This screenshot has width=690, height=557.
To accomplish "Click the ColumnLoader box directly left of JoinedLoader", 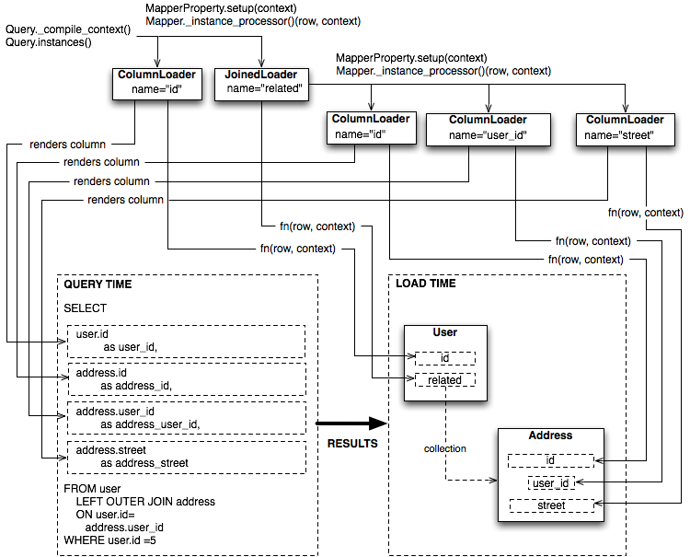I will [156, 86].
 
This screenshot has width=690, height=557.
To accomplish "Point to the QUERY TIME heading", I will [98, 284].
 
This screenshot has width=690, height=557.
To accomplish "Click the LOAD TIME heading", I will [426, 284].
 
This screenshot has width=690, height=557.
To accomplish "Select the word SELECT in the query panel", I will [86, 308].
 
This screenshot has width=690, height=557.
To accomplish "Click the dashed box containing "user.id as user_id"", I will [185, 341].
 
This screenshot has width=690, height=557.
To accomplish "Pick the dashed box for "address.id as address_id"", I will [185, 378].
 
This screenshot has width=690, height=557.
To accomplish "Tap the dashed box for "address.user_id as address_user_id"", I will [185, 417].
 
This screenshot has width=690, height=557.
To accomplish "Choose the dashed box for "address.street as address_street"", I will [185, 457].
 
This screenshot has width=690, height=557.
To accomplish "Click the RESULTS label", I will [352, 444].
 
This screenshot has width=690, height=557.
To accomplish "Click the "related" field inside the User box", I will [445, 379].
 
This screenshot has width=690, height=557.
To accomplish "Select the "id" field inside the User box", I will [445, 358].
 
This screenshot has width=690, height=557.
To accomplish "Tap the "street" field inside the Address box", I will [551, 505].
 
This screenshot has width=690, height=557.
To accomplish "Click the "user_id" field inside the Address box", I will [551, 482].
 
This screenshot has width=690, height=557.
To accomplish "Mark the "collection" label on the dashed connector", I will [445, 448].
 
